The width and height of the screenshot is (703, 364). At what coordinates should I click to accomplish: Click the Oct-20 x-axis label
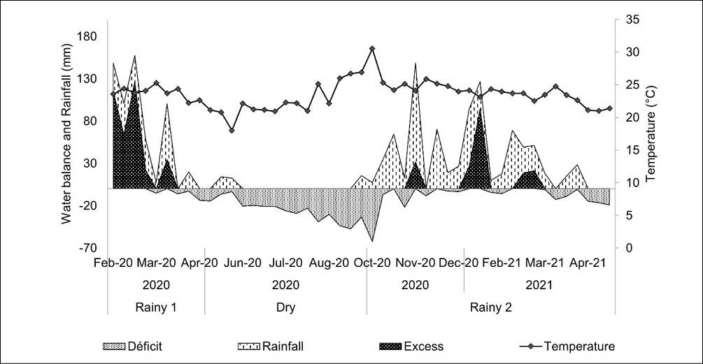tap(372, 263)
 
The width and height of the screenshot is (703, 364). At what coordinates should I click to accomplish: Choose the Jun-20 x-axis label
tap(242, 263)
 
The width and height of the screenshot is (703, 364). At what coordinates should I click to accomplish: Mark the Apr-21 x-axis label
tap(588, 263)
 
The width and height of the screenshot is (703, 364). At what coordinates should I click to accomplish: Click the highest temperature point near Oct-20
tap(372, 49)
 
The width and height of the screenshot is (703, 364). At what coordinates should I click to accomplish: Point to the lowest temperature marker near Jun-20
tap(232, 130)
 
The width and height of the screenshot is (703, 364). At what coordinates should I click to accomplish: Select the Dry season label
tap(285, 307)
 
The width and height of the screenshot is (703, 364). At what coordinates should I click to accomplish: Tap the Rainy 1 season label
tap(155, 307)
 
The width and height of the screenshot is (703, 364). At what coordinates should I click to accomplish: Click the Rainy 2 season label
tap(490, 307)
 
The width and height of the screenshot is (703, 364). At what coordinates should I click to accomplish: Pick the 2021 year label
tap(539, 285)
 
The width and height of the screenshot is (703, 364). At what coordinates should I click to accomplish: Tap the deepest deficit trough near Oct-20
tap(372, 241)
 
